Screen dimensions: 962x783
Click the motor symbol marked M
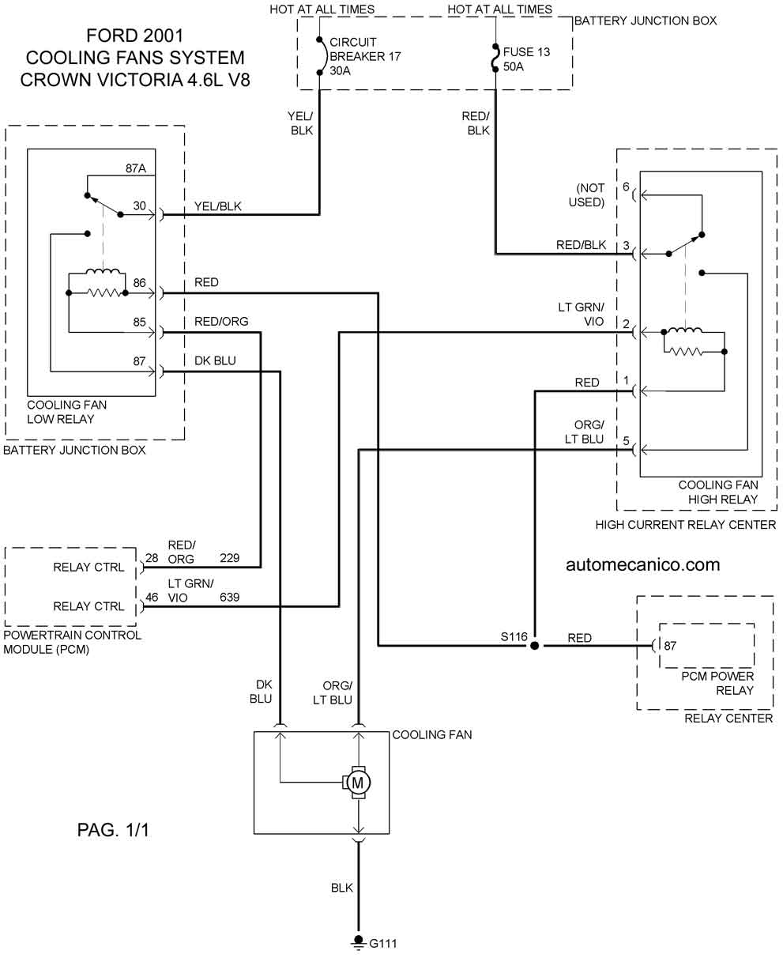tap(357, 782)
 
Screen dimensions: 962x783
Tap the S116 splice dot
tap(535, 646)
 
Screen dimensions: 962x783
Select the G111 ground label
tap(383, 943)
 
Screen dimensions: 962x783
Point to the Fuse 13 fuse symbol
tap(495, 57)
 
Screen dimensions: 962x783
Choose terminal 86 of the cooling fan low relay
tap(140, 282)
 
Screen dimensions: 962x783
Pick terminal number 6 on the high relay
tap(626, 187)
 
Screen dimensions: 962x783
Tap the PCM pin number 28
tap(152, 559)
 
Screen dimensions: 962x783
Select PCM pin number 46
tap(152, 598)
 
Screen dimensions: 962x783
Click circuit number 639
tap(229, 598)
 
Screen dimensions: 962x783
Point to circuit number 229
tap(229, 558)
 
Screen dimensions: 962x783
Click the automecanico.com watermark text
tap(642, 564)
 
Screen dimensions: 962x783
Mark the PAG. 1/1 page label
tap(113, 830)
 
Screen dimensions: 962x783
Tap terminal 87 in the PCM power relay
tap(670, 646)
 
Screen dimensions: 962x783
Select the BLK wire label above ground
tap(342, 888)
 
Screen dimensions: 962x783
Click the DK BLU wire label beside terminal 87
tap(215, 360)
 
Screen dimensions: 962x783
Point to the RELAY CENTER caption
tap(728, 718)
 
